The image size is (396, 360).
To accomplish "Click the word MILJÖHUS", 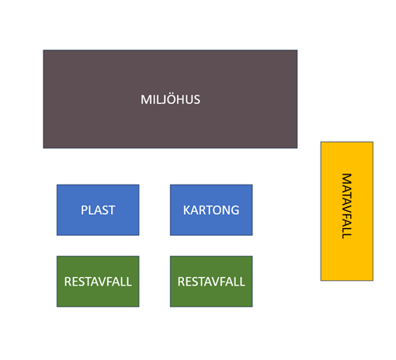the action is click(x=170, y=99).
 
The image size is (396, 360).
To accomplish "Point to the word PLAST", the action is click(x=98, y=210).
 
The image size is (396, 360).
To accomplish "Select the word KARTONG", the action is click(x=211, y=210).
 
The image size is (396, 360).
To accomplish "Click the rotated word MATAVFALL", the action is click(x=347, y=206).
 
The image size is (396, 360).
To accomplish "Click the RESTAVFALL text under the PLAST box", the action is click(x=98, y=282).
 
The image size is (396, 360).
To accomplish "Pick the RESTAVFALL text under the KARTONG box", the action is click(x=211, y=282).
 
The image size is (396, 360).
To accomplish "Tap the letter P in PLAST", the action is click(x=85, y=210).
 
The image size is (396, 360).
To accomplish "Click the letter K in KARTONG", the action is click(x=187, y=210).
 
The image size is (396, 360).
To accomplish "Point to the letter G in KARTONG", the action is click(x=234, y=210).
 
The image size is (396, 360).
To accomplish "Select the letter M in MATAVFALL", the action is click(x=347, y=178).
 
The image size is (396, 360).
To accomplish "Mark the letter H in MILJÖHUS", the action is click(x=182, y=99).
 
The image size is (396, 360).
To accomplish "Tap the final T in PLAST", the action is click(x=112, y=210).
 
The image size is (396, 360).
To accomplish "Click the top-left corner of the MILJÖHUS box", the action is click(x=43, y=50).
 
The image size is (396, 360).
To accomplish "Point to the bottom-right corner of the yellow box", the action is click(x=373, y=280).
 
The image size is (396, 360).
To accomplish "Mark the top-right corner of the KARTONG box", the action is click(x=252, y=185).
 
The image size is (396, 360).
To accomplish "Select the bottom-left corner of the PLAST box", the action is click(x=57, y=235).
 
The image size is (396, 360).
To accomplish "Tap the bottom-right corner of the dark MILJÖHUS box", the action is click(x=297, y=148).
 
